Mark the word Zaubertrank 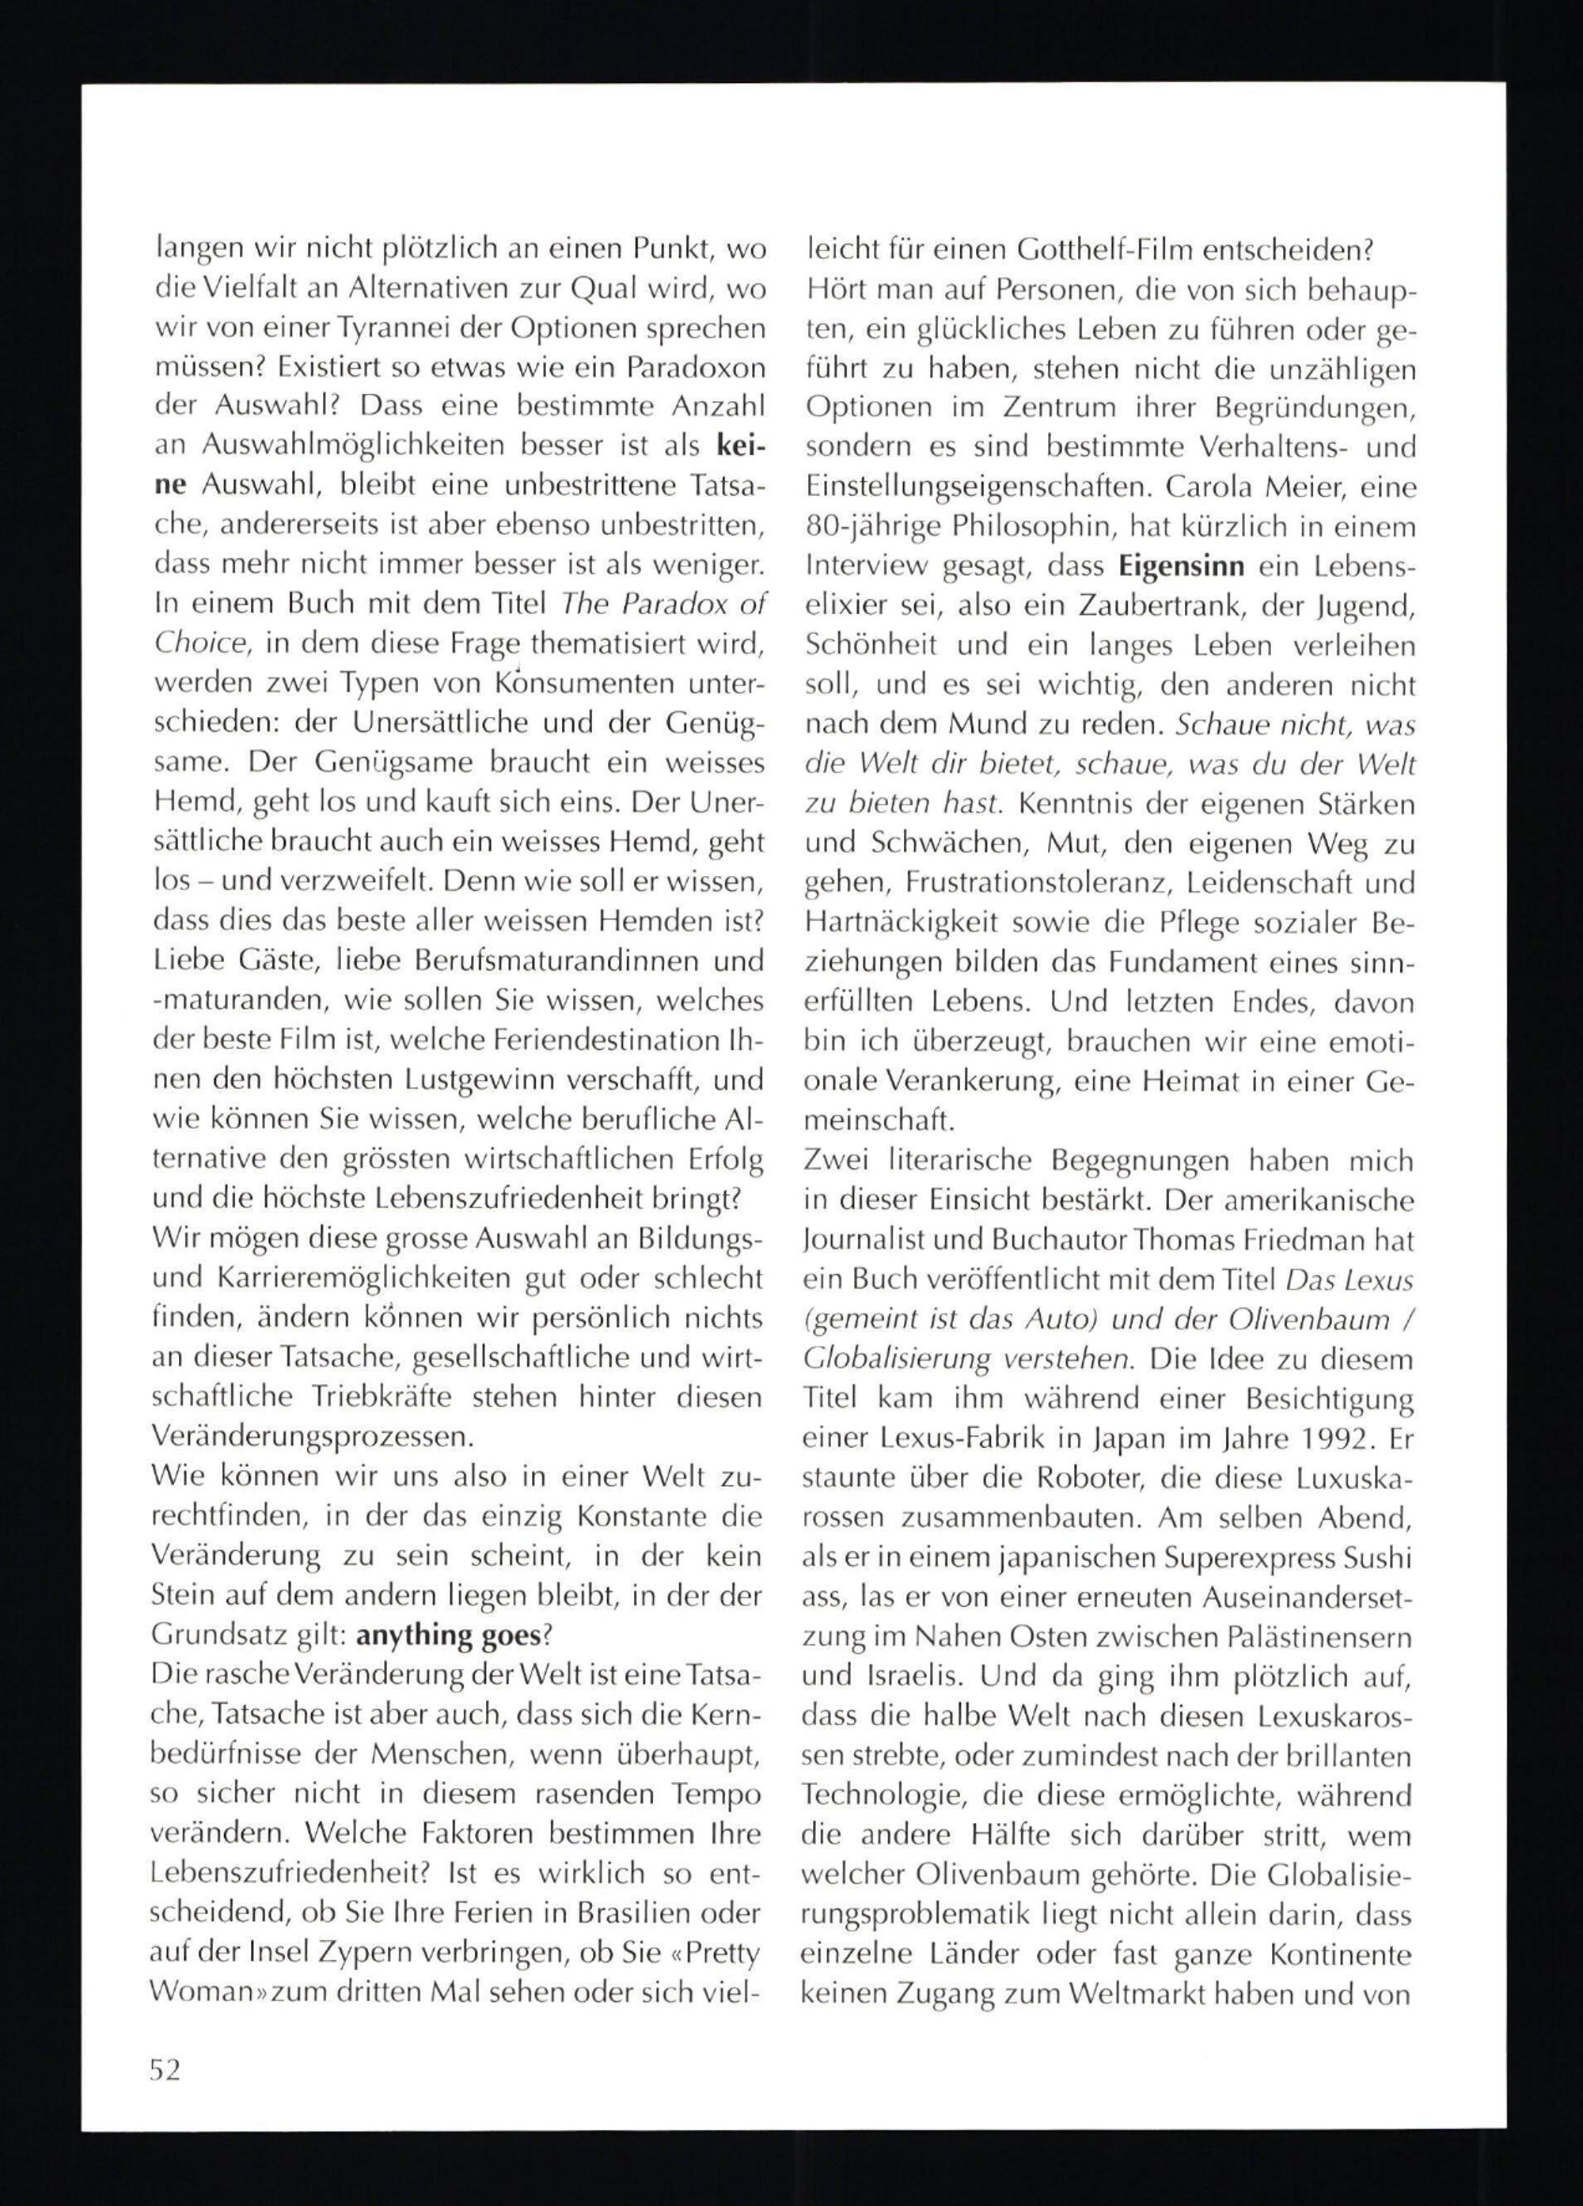pos(1148,607)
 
